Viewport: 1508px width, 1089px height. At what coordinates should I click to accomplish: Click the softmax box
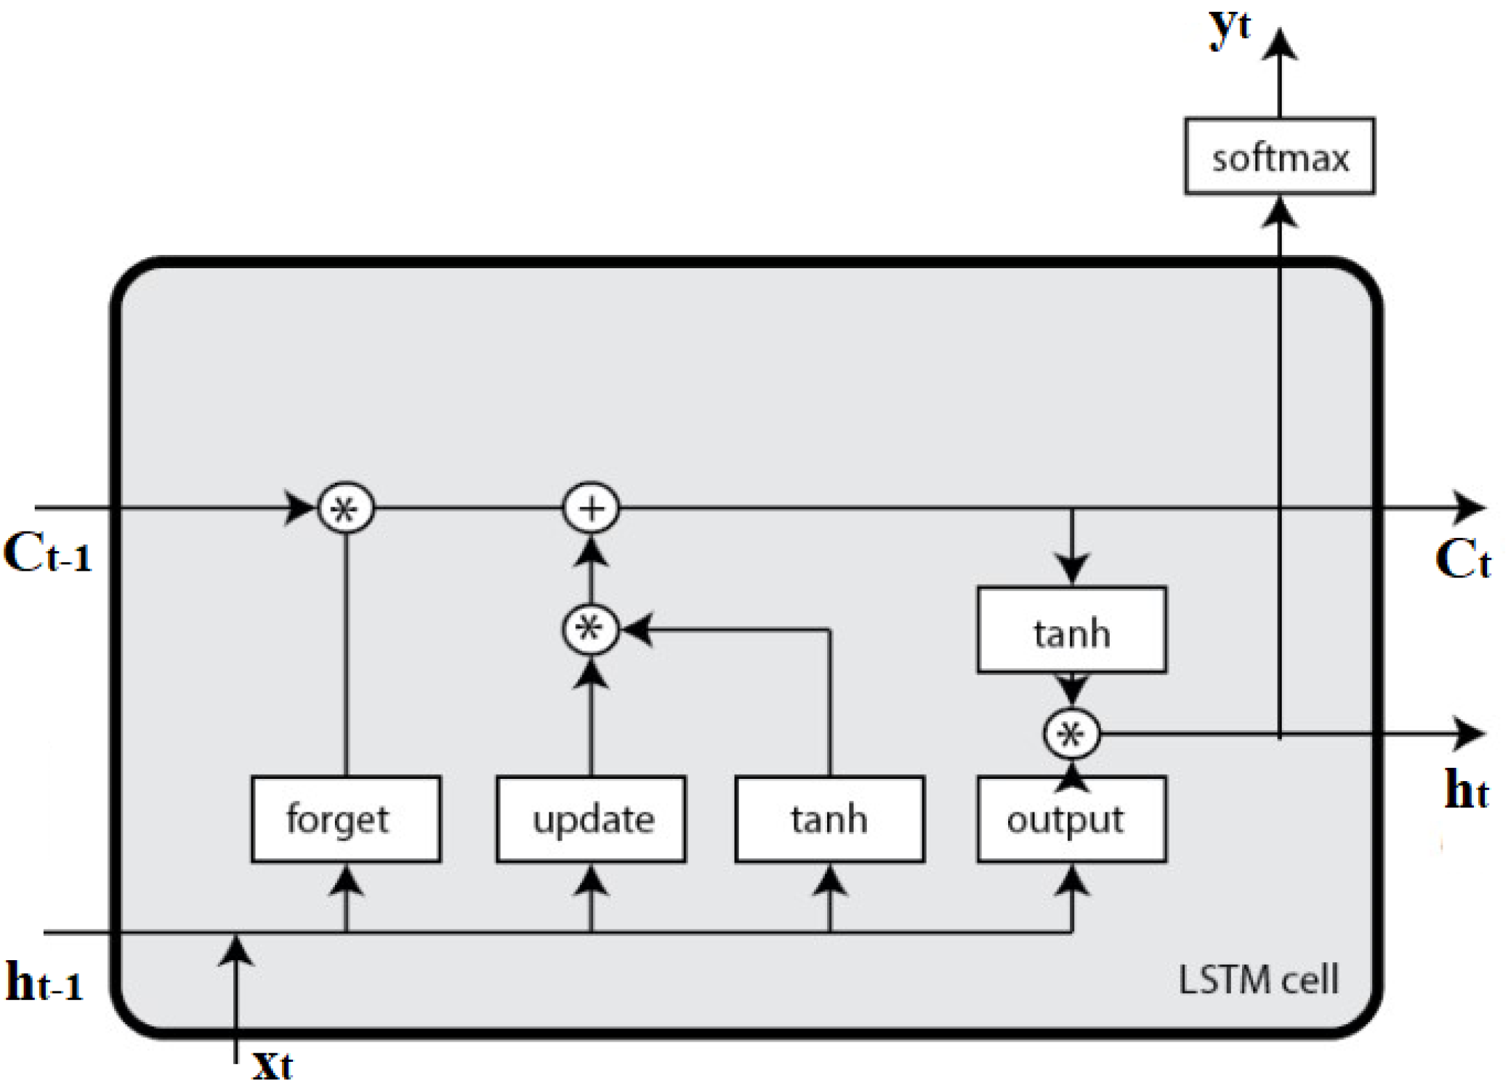(1279, 156)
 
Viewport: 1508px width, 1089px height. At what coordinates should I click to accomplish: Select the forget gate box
(345, 819)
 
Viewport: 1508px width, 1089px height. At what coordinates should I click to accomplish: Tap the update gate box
(590, 819)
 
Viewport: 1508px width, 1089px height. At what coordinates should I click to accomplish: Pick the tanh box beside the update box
(829, 819)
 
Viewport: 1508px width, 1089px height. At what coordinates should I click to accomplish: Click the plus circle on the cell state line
(590, 509)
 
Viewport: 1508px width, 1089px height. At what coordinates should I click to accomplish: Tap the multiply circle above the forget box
(345, 509)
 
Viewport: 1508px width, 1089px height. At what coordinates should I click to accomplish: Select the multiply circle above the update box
(590, 630)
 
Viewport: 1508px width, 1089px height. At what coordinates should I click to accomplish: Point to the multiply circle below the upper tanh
(1071, 734)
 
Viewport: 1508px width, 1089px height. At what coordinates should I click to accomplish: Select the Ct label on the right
(1462, 559)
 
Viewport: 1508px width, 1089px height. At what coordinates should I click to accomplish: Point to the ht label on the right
(1466, 790)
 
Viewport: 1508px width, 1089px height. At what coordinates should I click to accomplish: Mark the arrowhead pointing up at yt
(1280, 45)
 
